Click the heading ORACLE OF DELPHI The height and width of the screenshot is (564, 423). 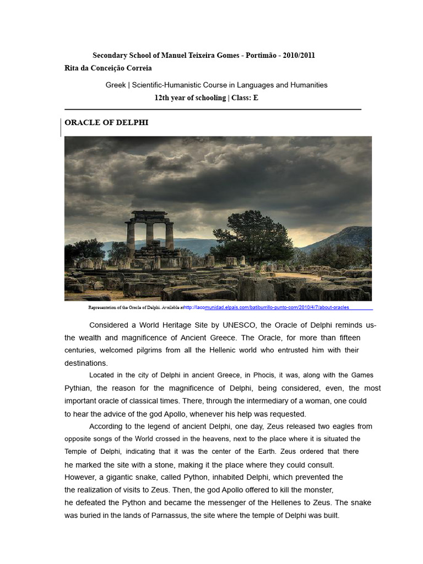point(106,123)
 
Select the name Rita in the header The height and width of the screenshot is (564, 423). point(72,68)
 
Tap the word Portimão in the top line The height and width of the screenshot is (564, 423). point(258,56)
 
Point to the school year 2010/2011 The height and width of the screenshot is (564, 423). point(299,56)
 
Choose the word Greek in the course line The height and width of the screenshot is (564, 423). point(115,85)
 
